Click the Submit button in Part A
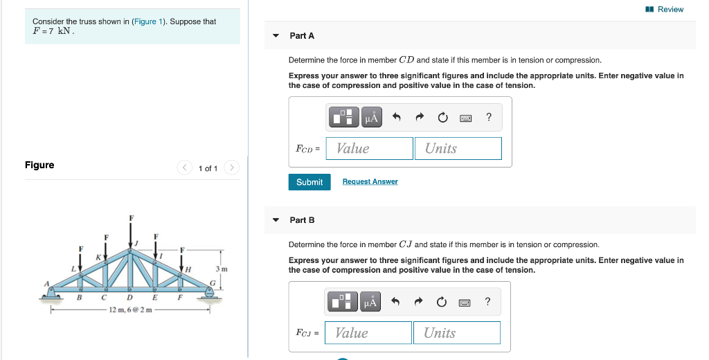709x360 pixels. [x=309, y=182]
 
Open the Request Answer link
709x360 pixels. [x=370, y=182]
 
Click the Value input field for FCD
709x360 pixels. [x=369, y=148]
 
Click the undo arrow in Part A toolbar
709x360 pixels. [x=397, y=118]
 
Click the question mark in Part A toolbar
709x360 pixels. [x=489, y=118]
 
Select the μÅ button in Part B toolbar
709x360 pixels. [x=371, y=302]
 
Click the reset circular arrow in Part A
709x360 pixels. [x=442, y=118]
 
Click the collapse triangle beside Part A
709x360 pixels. [x=276, y=35]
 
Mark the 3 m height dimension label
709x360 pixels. [x=221, y=268]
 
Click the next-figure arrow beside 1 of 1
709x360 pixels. [x=232, y=168]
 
